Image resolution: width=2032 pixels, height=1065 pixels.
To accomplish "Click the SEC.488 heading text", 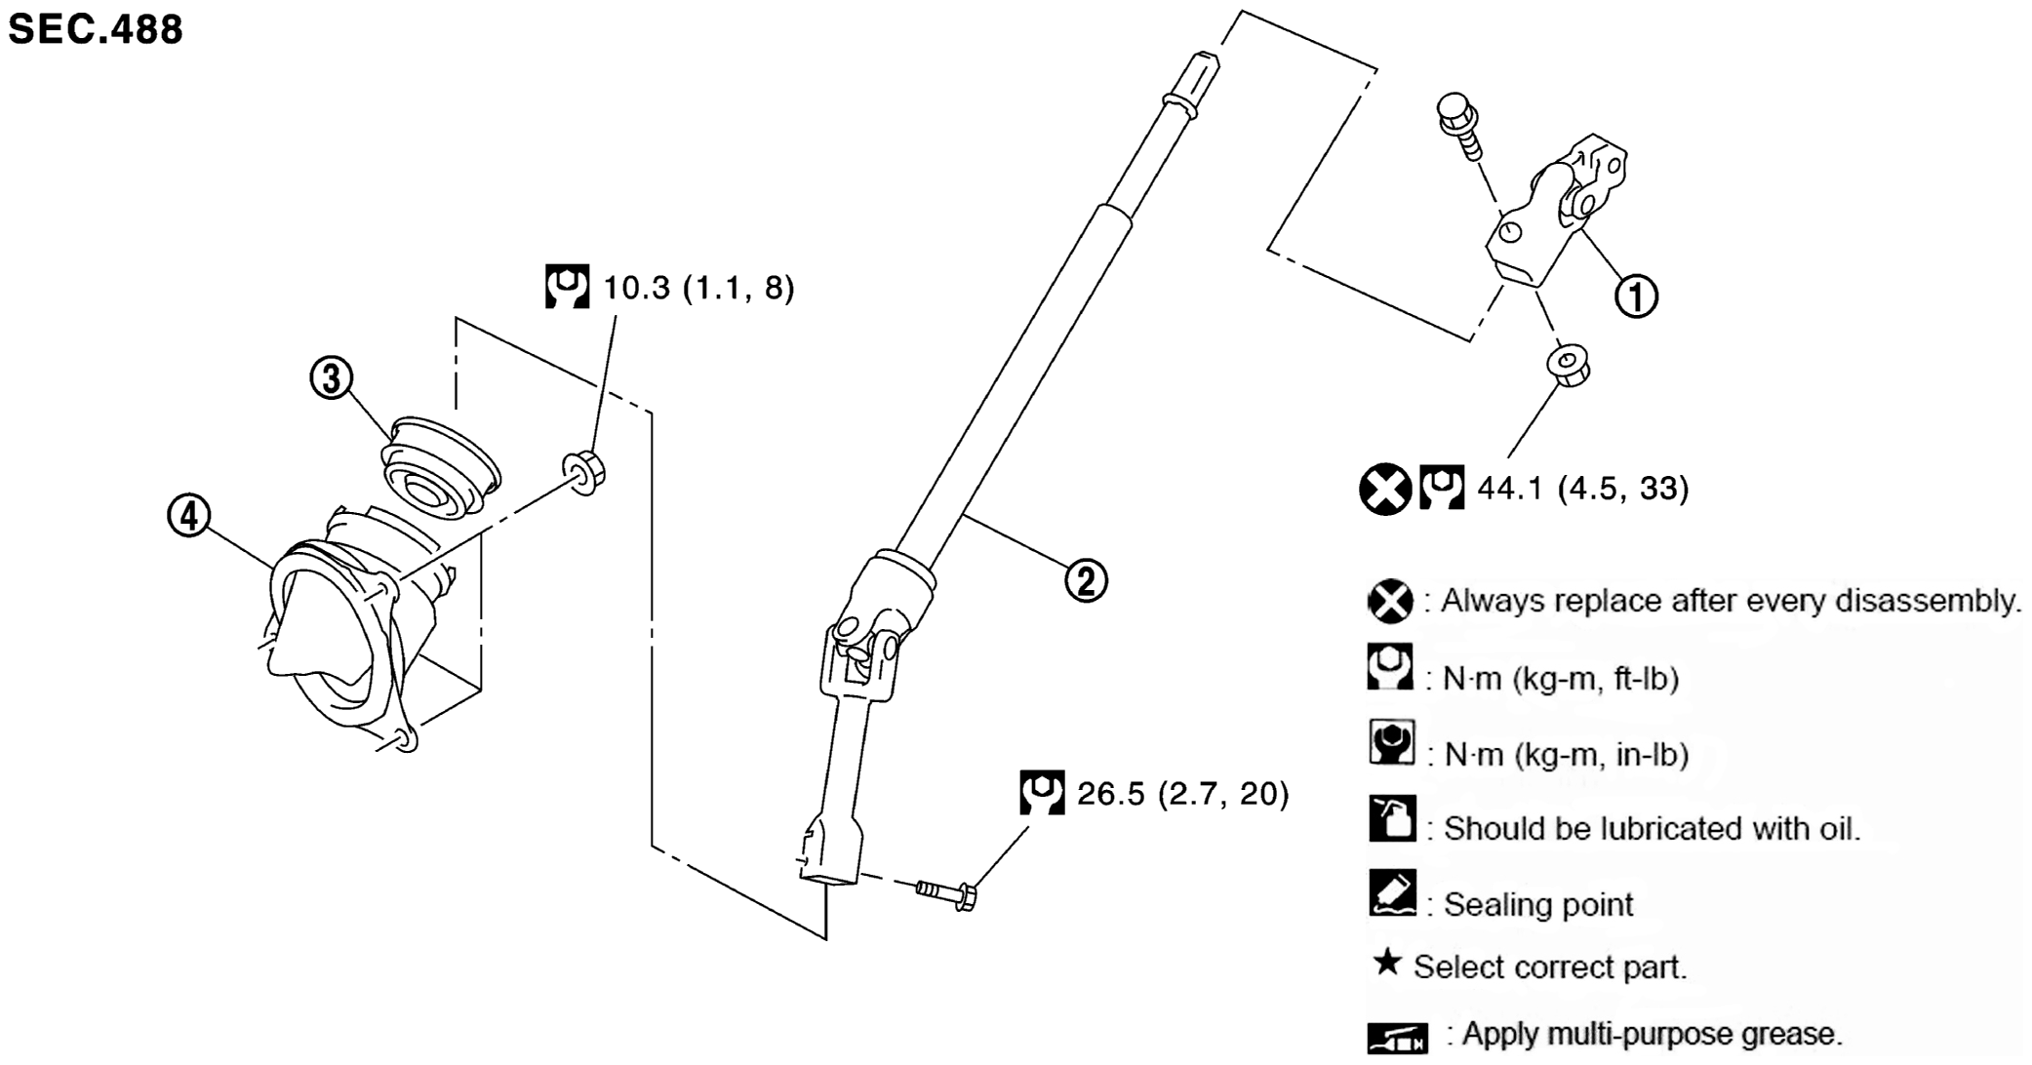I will click(x=96, y=29).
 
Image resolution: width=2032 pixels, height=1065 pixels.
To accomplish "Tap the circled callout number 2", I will click(x=1086, y=581).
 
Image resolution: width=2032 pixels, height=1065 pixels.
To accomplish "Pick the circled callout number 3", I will click(x=332, y=377).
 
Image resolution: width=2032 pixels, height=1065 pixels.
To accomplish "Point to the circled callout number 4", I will click(x=189, y=515).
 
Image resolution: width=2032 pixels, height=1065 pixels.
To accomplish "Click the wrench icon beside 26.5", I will click(x=1042, y=793).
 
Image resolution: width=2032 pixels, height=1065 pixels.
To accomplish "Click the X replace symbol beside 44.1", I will click(x=1384, y=489).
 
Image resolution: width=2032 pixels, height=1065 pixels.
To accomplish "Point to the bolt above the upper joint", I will click(x=1458, y=123).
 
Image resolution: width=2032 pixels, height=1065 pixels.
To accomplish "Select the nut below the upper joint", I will click(x=1568, y=365).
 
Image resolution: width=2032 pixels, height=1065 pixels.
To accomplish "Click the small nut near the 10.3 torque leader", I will click(x=584, y=472).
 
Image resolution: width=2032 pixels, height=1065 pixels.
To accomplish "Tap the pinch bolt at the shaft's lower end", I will click(x=946, y=891).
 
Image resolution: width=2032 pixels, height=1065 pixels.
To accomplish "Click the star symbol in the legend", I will click(x=1386, y=963).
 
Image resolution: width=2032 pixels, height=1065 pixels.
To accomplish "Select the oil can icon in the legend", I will click(x=1391, y=818).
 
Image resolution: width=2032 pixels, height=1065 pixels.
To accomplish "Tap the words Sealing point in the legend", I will click(x=1537, y=904).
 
